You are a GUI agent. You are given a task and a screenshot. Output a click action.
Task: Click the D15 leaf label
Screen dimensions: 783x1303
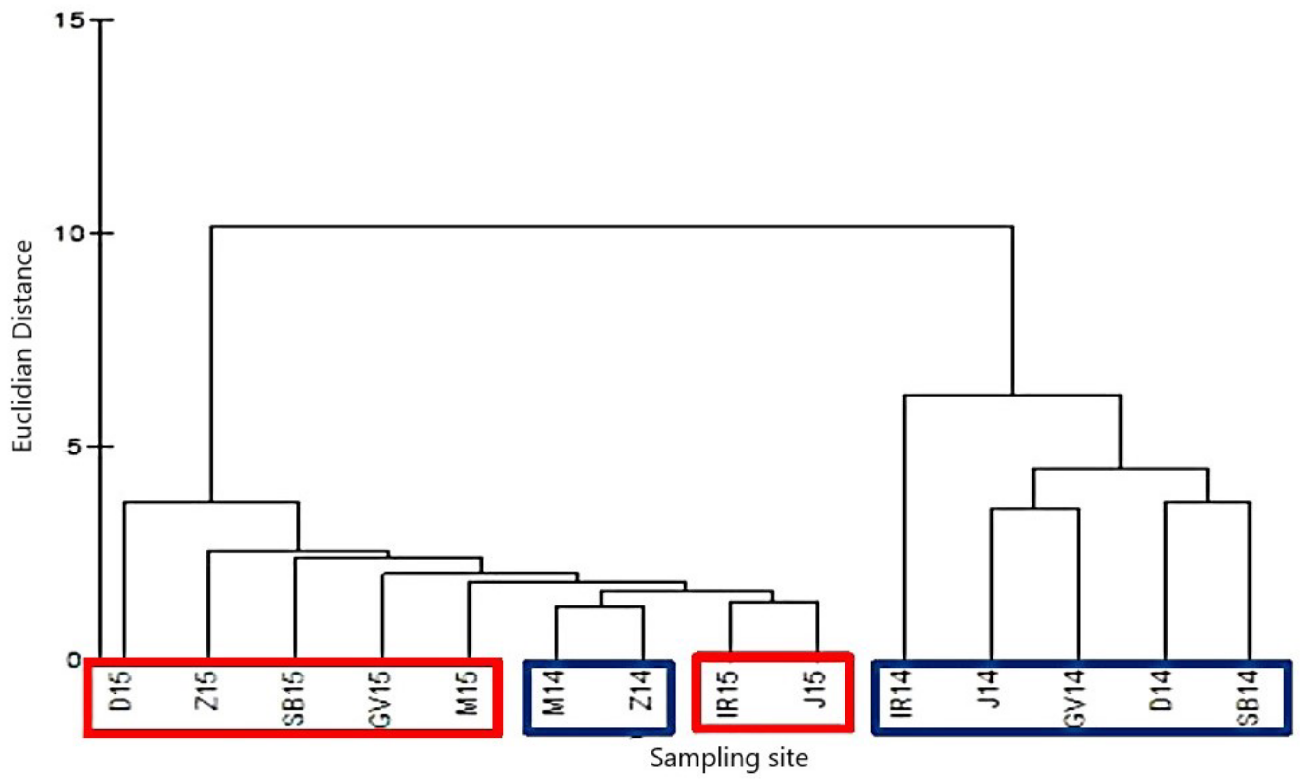coord(123,691)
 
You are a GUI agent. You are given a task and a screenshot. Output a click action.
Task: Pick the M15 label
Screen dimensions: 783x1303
coord(468,692)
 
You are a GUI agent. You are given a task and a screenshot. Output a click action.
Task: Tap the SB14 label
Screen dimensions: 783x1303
coord(1250,698)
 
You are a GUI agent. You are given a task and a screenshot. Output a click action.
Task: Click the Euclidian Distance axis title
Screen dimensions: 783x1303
coord(22,347)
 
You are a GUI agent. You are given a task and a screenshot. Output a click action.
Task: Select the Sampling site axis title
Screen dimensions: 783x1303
coord(729,759)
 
